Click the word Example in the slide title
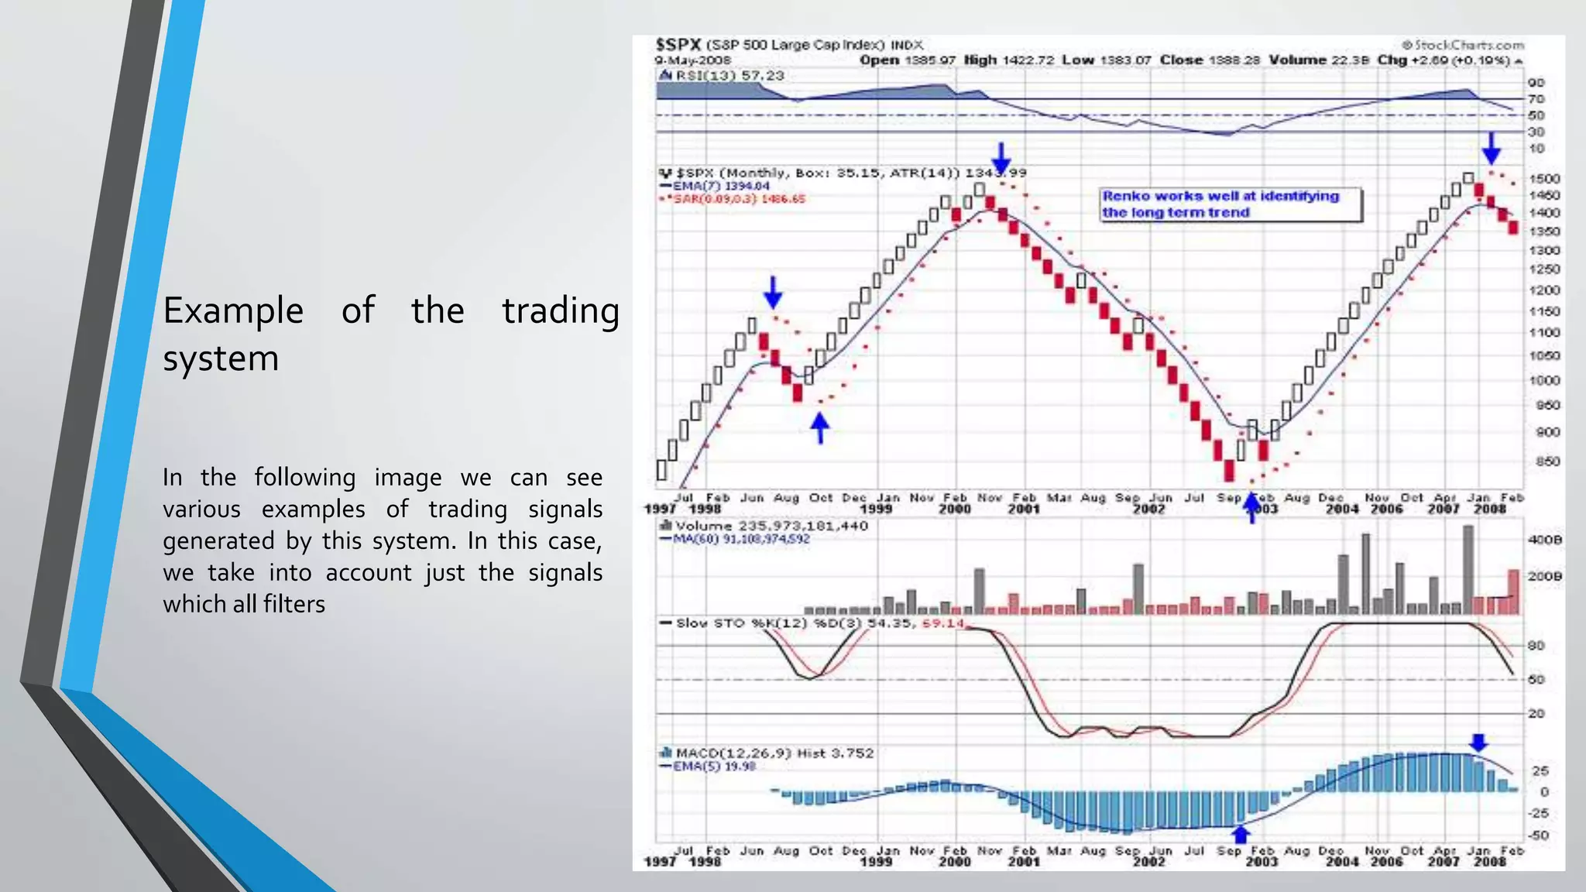233,311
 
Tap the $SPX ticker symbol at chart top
678,45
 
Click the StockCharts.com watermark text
1463,45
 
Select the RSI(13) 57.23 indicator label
723,75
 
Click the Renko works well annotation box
1231,204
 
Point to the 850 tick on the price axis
1547,461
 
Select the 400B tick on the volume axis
1544,540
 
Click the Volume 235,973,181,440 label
763,526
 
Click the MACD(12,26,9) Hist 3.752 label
767,753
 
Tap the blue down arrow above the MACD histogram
1479,743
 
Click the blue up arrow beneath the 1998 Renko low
820,427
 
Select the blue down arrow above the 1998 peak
773,292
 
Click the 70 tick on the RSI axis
1536,99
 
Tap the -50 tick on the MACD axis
1537,835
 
